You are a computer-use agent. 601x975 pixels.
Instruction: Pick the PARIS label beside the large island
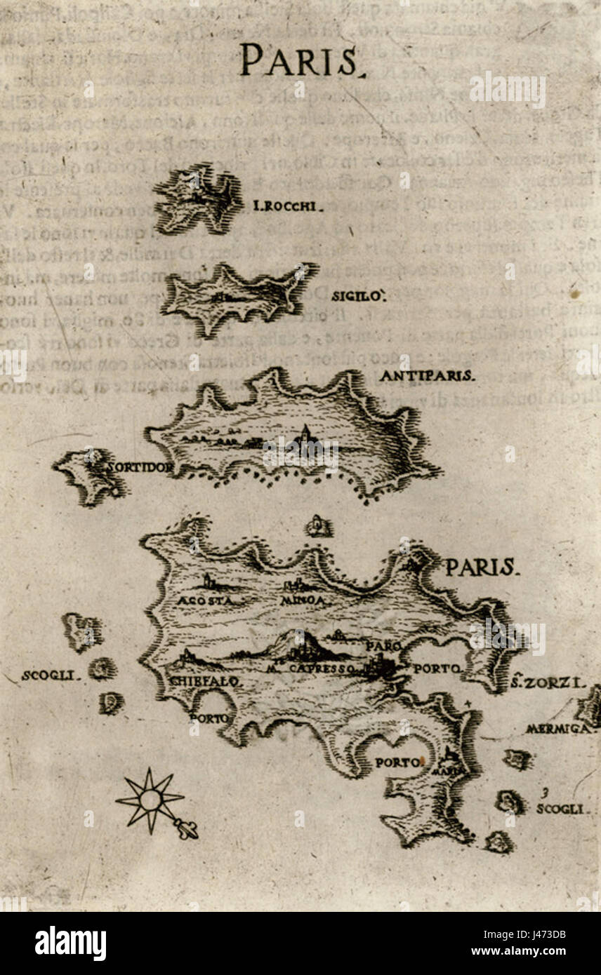pos(482,567)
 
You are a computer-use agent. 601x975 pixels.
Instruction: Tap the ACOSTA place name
pos(200,601)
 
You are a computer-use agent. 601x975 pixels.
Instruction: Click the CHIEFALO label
pos(206,681)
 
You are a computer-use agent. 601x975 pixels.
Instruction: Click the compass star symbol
pos(150,800)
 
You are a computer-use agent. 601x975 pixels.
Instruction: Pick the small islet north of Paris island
pos(319,525)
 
